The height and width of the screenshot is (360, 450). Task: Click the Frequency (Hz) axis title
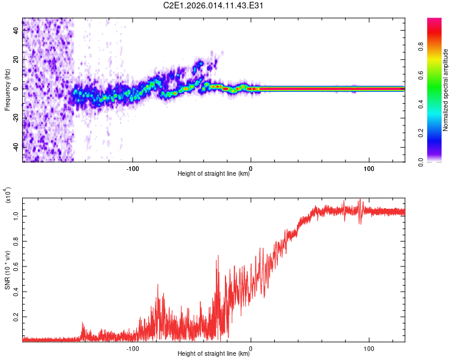(7, 90)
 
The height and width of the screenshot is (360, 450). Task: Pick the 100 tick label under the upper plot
(368, 167)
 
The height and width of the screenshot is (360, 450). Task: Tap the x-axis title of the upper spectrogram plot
(214, 174)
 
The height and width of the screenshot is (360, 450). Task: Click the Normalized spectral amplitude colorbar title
(446, 90)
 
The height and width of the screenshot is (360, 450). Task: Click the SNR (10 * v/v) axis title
(7, 269)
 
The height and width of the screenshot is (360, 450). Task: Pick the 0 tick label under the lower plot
(251, 348)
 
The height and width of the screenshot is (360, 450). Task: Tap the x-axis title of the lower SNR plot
(214, 354)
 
